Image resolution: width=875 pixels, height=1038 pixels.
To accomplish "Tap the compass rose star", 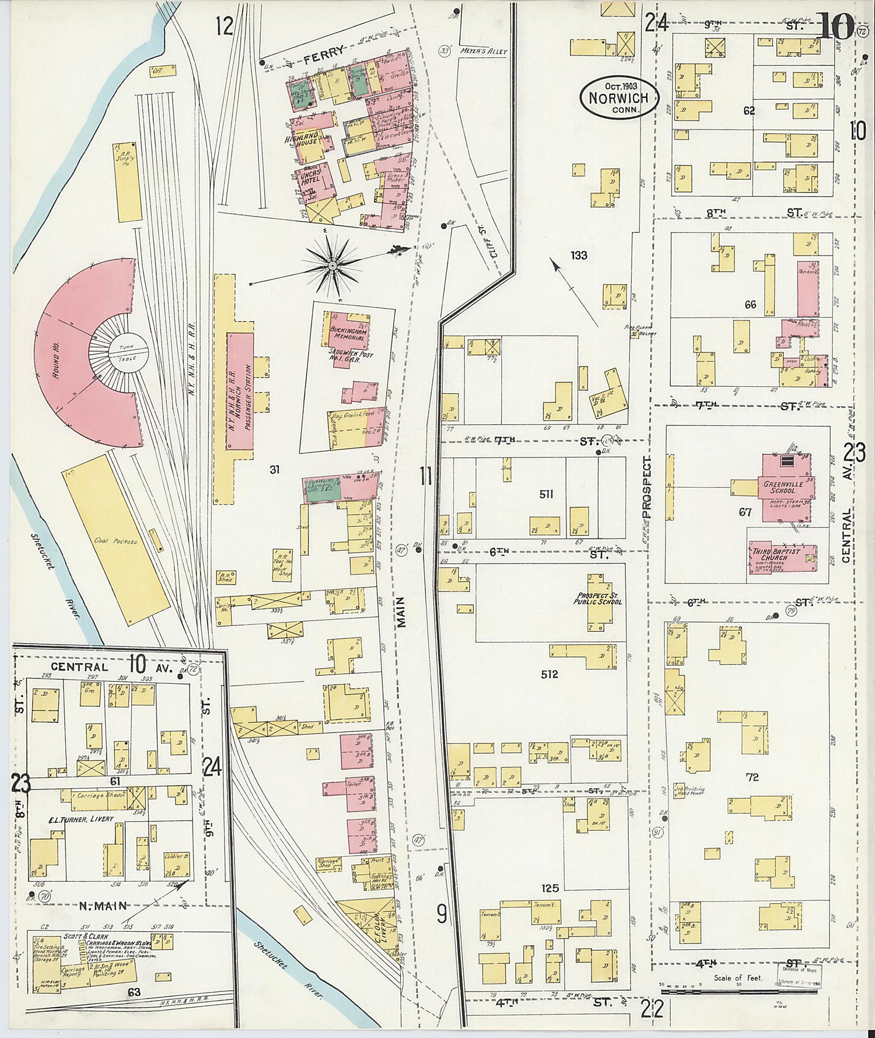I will click(331, 266).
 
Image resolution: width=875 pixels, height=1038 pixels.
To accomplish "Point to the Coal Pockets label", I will click(116, 541).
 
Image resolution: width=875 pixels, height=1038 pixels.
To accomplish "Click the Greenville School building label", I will click(783, 487).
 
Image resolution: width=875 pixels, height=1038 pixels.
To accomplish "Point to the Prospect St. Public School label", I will click(597, 598).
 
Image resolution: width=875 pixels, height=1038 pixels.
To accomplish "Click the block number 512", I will click(549, 674).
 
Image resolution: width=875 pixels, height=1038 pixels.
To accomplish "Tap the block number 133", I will click(579, 255).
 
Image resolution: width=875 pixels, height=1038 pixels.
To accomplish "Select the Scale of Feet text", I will click(738, 977).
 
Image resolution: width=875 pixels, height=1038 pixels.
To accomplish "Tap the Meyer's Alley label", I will click(483, 51).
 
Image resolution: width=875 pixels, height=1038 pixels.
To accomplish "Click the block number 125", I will click(550, 888).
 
